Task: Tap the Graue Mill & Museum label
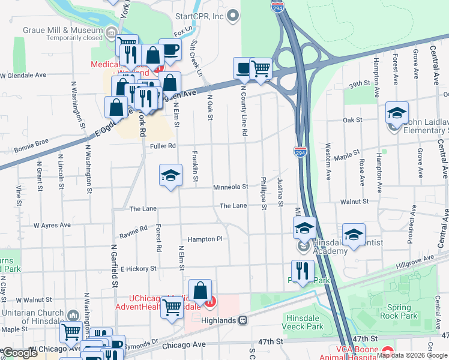(x=62, y=30)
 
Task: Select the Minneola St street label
(x=231, y=187)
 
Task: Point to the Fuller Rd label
(x=163, y=145)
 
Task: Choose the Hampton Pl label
(x=205, y=239)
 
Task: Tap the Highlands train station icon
(x=243, y=321)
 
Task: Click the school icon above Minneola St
(x=170, y=176)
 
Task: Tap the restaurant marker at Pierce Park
(x=303, y=271)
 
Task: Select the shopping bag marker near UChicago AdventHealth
(x=200, y=292)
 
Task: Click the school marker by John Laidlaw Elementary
(x=397, y=113)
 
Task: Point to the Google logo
(x=20, y=353)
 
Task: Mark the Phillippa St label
(x=264, y=193)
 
